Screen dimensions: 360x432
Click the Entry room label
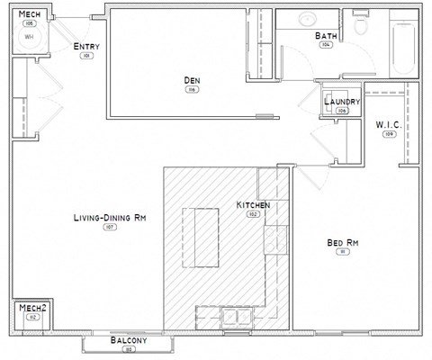[x=87, y=47]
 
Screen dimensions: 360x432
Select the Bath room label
[x=326, y=36]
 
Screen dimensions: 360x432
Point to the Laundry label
[x=342, y=103]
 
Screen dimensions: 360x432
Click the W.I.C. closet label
[x=389, y=124]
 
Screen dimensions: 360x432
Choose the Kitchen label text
[x=253, y=205]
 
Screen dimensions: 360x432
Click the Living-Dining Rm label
[x=110, y=218]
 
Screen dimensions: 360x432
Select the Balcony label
[x=128, y=341]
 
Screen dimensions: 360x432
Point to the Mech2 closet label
[x=32, y=307]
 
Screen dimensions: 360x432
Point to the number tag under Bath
[x=326, y=45]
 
